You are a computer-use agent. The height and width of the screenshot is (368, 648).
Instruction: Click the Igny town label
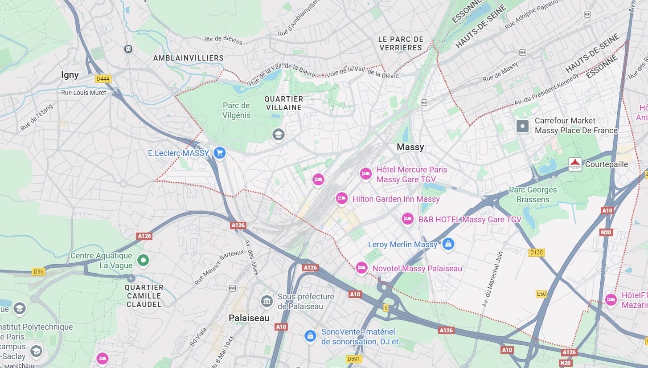tap(70, 75)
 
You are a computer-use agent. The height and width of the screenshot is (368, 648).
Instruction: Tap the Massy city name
tap(410, 147)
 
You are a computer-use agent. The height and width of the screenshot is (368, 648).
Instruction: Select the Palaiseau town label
tap(249, 318)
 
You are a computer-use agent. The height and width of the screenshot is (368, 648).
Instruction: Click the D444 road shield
tap(103, 79)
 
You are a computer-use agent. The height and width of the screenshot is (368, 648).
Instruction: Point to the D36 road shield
tap(38, 271)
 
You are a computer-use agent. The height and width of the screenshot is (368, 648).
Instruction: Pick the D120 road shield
tap(537, 253)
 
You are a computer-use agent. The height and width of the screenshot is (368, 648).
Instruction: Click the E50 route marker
tap(541, 294)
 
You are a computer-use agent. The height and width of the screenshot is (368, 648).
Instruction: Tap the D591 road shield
tap(354, 359)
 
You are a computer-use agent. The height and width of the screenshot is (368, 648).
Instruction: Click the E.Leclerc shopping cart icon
tap(219, 153)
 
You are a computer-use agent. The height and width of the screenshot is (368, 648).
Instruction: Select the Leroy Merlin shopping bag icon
tap(448, 244)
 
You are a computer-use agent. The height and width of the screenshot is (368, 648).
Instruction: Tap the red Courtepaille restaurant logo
tap(575, 164)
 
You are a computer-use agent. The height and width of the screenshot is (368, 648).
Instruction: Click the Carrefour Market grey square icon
tap(522, 126)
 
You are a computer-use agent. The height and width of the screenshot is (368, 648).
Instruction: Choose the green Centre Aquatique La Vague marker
tap(143, 260)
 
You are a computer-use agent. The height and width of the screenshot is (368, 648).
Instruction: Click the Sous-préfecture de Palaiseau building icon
tap(267, 302)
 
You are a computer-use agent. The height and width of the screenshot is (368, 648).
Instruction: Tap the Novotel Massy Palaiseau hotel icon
tap(361, 268)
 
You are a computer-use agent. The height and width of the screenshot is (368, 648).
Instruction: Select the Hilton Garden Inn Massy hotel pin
tap(342, 198)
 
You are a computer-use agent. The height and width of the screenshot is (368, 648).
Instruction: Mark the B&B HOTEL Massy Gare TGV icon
tap(407, 219)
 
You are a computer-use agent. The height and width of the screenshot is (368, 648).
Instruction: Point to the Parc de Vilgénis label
tap(236, 110)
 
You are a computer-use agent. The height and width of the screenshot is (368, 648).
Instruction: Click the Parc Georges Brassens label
tap(533, 195)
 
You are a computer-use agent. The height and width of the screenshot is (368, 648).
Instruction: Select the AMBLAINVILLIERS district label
tap(188, 58)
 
